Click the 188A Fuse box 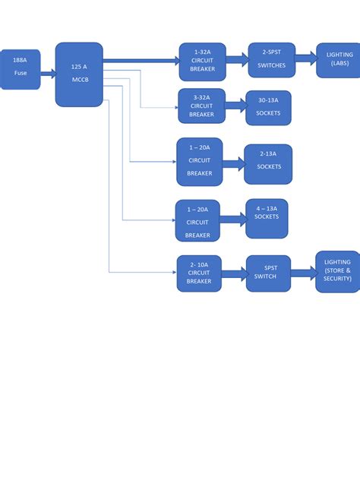(20, 69)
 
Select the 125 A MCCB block (79, 74)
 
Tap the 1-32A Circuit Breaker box (203, 62)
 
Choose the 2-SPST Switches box (271, 59)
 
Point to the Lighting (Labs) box (338, 59)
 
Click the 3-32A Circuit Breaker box (202, 106)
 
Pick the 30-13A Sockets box (268, 107)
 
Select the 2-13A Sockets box (268, 163)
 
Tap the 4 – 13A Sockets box (267, 217)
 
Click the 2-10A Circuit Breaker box (198, 273)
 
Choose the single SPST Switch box (268, 273)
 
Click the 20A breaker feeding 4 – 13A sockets (197, 220)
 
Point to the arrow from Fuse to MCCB (49, 74)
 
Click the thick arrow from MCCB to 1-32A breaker (141, 60)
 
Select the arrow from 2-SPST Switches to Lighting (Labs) (306, 58)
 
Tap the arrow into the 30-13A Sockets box (236, 106)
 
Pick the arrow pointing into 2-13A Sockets (234, 163)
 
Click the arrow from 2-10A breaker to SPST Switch (233, 273)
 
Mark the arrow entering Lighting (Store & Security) (303, 273)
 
